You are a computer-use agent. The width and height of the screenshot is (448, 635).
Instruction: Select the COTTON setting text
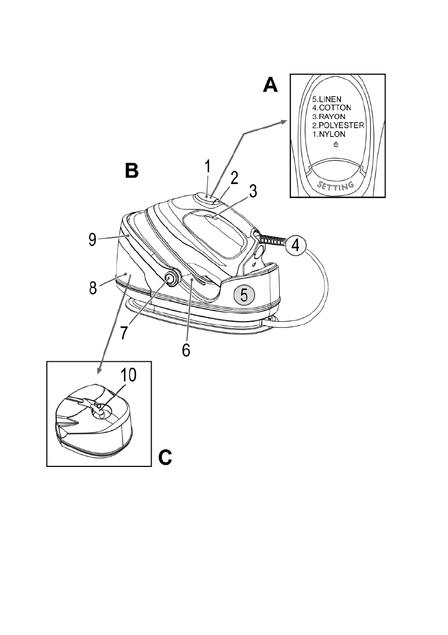pos(335,107)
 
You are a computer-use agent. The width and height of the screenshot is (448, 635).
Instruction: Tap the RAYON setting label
pos(332,116)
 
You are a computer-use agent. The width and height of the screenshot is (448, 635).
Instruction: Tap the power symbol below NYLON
pos(336,145)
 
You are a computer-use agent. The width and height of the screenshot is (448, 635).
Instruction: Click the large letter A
pos(271,84)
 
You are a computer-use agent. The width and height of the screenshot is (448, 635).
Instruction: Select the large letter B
pos(131,171)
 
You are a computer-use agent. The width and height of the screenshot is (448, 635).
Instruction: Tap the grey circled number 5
pos(243,295)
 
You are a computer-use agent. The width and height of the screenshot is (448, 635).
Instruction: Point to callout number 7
pos(123,331)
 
